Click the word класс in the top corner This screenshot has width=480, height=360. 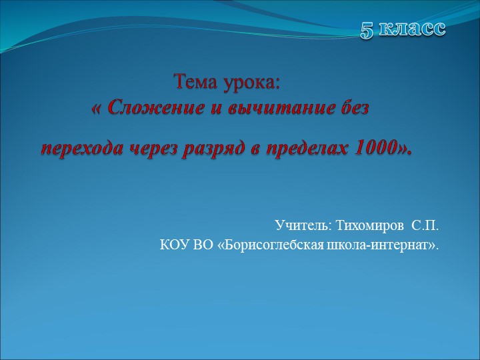click(413, 29)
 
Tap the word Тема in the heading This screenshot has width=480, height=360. click(195, 83)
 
